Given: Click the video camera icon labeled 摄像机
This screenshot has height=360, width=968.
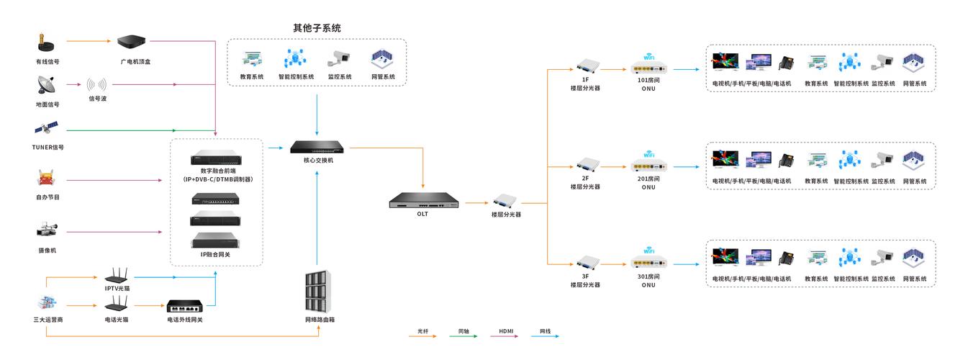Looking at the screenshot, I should coord(47,230).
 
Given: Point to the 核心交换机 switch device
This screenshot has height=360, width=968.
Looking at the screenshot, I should coord(318,147).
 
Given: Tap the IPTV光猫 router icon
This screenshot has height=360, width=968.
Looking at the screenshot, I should coord(117,275).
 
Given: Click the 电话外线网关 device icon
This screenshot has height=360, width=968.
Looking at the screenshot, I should coord(185,306).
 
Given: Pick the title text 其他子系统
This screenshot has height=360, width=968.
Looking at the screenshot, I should coord(317,28).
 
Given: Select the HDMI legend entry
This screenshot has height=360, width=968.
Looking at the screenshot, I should coord(506,332).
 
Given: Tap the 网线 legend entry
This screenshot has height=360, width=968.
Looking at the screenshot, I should coord(546,332).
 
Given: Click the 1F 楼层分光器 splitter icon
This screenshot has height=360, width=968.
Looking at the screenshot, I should coord(585,66).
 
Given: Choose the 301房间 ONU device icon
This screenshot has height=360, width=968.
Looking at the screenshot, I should coord(649,264).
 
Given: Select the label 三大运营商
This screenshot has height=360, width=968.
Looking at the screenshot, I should coord(48,319).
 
